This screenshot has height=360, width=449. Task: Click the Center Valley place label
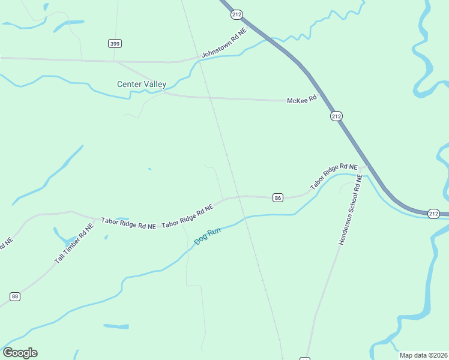pyautogui.click(x=142, y=85)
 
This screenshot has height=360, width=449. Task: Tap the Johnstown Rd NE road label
pyautogui.click(x=224, y=43)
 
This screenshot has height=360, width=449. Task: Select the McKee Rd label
pyautogui.click(x=301, y=100)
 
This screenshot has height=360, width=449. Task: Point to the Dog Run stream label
pyautogui.click(x=208, y=237)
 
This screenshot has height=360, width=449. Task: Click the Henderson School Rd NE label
pyautogui.click(x=351, y=210)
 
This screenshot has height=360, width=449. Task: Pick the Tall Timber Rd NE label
pyautogui.click(x=74, y=244)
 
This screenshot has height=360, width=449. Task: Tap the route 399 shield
pyautogui.click(x=115, y=43)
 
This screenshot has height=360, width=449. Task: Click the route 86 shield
pyautogui.click(x=277, y=197)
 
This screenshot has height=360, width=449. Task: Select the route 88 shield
pyautogui.click(x=15, y=296)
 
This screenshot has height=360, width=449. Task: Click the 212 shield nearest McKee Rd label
pyautogui.click(x=336, y=116)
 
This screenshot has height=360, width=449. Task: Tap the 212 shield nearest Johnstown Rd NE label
pyautogui.click(x=237, y=14)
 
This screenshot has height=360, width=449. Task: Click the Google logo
pyautogui.click(x=20, y=353)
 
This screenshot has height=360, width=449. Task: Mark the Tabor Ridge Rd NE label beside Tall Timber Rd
pyautogui.click(x=128, y=224)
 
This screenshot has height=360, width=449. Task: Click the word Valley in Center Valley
pyautogui.click(x=154, y=85)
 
